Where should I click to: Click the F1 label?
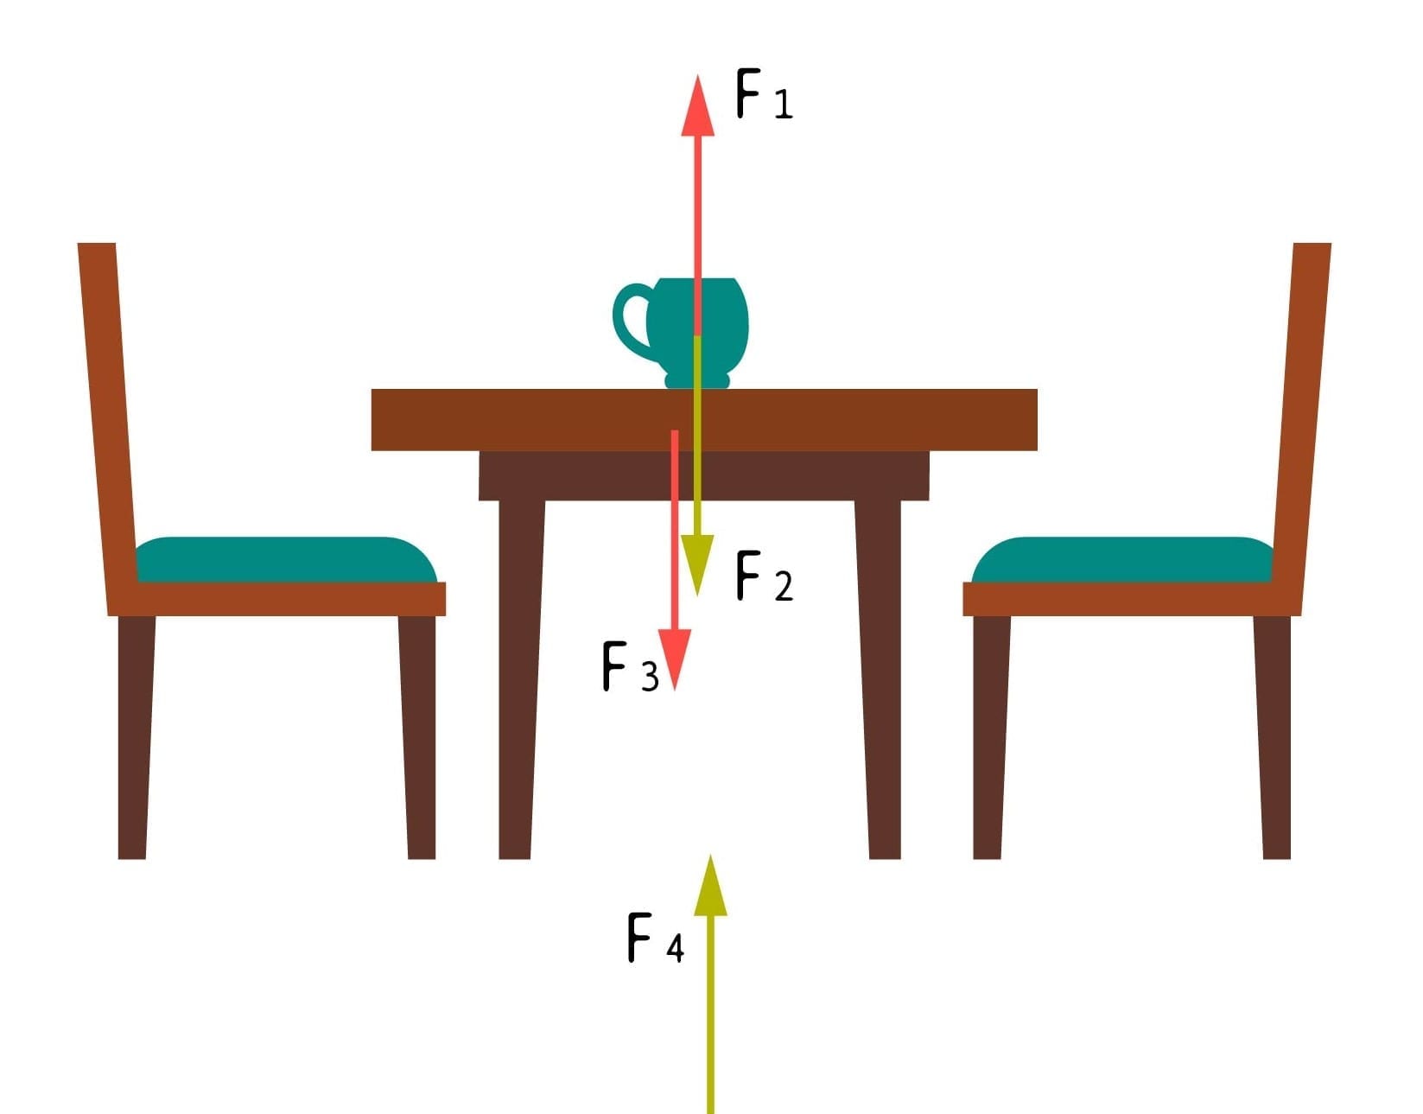tap(764, 93)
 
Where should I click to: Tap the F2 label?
tap(765, 576)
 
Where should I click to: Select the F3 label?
tap(630, 666)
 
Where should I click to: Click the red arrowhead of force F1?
tap(697, 107)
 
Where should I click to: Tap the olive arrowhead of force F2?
tap(697, 564)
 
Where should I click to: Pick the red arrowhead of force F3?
tap(675, 659)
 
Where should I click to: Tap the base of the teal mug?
tap(696, 380)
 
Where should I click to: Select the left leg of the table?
tap(520, 680)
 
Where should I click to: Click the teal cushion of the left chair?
tap(287, 559)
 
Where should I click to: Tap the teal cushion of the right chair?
tap(1122, 559)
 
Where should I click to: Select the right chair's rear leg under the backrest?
tap(1273, 737)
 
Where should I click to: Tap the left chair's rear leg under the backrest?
tap(136, 737)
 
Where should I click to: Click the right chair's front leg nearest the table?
tap(991, 737)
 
